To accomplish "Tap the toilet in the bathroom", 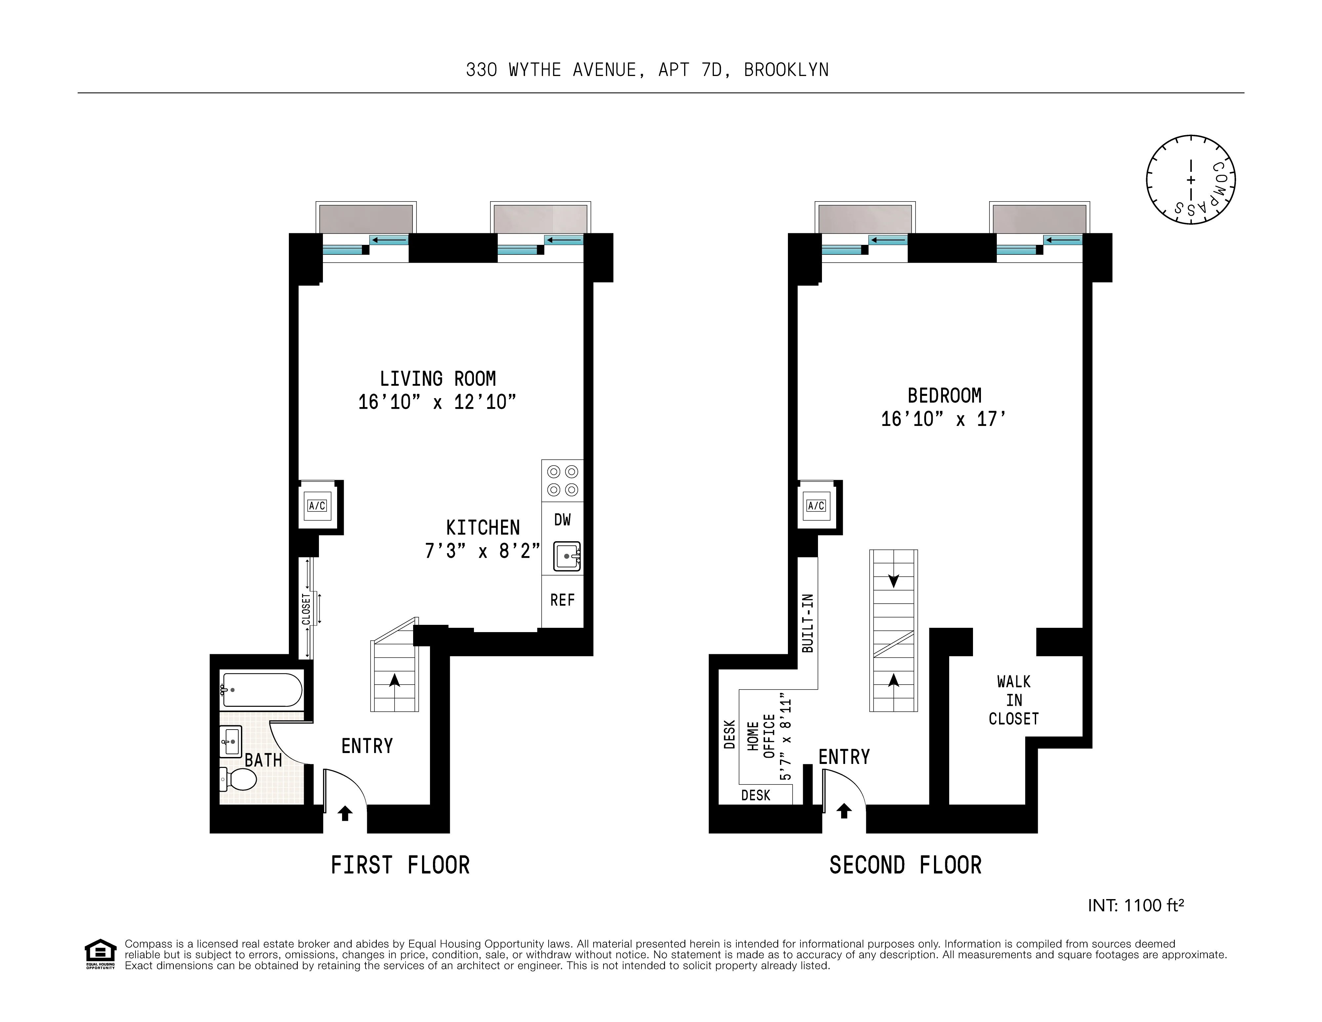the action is [240, 779].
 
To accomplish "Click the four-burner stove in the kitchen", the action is [562, 481].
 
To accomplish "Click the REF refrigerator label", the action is [562, 600].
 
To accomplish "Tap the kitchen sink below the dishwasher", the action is [567, 556].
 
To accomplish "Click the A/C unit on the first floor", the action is [317, 506].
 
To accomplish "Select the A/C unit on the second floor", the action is [816, 506].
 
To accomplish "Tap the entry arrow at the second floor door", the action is [844, 811].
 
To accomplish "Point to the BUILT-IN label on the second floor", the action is [807, 623].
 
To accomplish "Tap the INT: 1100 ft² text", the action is [1136, 905].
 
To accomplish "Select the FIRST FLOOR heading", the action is [400, 865].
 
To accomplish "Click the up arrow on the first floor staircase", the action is [395, 681].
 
